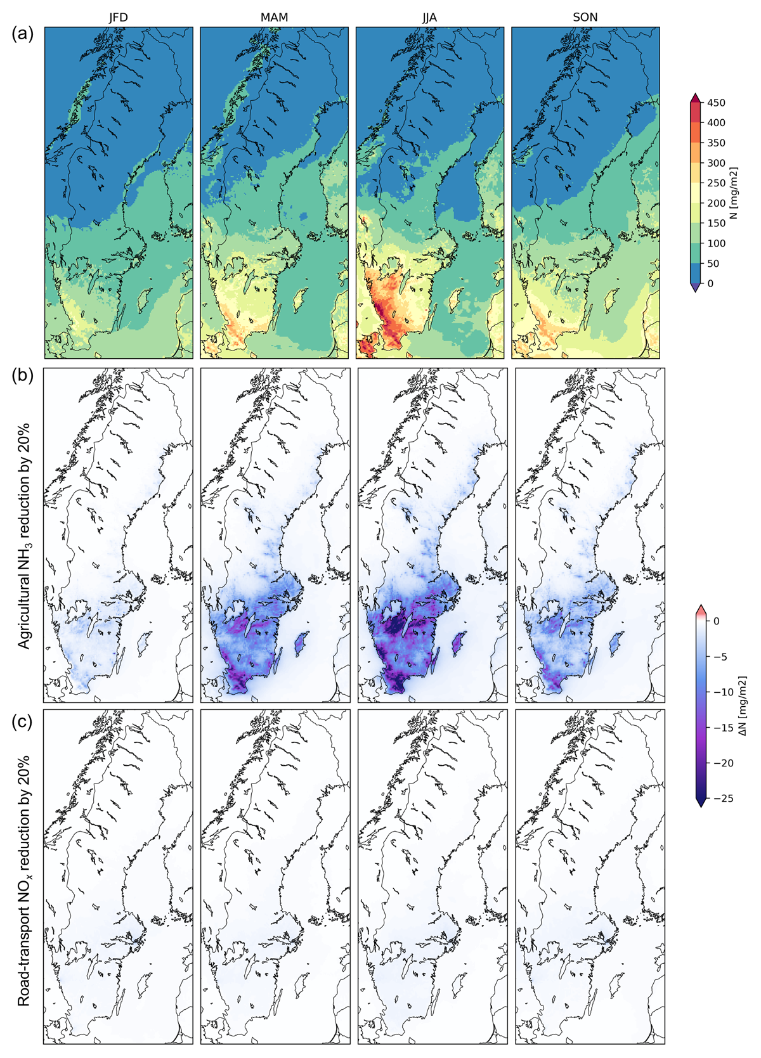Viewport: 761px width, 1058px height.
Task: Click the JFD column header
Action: click(x=118, y=18)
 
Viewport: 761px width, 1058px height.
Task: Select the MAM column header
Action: click(x=274, y=18)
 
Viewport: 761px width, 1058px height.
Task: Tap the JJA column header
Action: click(x=429, y=18)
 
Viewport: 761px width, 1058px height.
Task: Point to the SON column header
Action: click(x=585, y=18)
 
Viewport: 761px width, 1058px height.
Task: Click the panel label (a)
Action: click(x=23, y=34)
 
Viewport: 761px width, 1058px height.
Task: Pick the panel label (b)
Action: click(x=23, y=375)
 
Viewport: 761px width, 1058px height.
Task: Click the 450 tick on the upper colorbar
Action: click(x=716, y=103)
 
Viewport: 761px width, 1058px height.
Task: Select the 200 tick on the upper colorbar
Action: click(x=716, y=203)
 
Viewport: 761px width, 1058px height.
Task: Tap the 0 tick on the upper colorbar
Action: click(x=710, y=283)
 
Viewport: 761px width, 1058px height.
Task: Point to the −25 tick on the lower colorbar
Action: click(x=723, y=798)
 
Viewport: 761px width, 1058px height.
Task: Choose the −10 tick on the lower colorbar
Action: click(x=723, y=692)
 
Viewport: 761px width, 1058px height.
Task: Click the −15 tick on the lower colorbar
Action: click(x=723, y=727)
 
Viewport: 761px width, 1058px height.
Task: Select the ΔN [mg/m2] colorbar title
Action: click(x=743, y=706)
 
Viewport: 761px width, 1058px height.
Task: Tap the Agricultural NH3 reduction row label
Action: click(x=24, y=536)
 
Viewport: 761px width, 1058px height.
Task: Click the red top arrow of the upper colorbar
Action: click(x=695, y=98)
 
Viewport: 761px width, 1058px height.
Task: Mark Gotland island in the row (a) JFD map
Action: click(x=145, y=301)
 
